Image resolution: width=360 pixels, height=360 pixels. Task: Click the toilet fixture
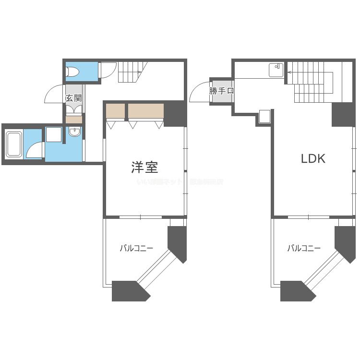[73, 72]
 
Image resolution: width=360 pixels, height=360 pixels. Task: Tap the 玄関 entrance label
[73, 98]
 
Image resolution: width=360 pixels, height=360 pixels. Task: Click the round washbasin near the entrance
[74, 132]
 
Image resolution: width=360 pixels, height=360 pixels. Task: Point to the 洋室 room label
[144, 167]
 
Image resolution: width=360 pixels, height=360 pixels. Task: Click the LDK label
[313, 159]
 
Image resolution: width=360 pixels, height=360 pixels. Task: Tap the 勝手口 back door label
[222, 91]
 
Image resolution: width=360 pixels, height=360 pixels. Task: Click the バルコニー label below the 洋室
[136, 248]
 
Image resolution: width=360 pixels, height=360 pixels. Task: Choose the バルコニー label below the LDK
[304, 248]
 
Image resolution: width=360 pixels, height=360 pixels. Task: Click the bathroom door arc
[35, 150]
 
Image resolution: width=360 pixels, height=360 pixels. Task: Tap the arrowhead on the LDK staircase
[289, 72]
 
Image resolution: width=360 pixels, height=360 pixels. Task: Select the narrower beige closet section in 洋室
[115, 111]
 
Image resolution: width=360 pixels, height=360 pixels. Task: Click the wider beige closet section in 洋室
[146, 111]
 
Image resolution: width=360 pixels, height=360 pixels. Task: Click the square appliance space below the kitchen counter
[264, 117]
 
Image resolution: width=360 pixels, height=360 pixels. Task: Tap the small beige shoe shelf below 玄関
[73, 120]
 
